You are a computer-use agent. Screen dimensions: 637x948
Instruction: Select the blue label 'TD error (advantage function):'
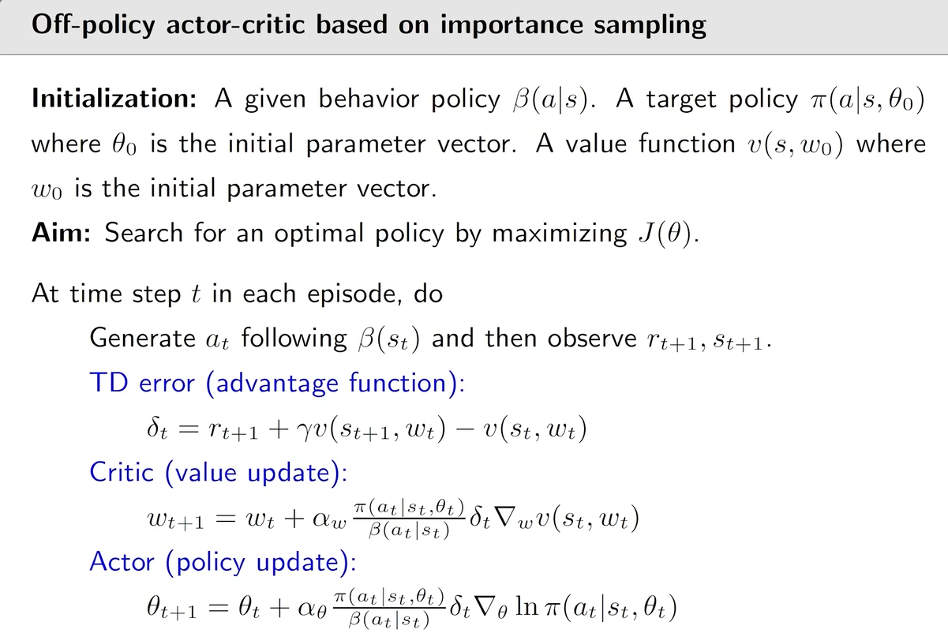coord(278,383)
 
